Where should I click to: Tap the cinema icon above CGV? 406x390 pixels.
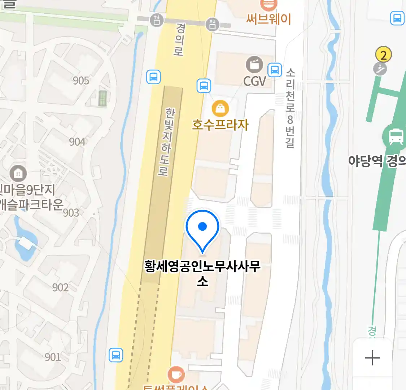pos(254,65)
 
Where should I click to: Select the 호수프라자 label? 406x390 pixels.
pos(220,125)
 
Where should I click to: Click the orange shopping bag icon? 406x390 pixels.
pos(220,108)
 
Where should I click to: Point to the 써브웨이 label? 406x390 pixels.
pos(269,19)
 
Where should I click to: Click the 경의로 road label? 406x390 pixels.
pos(179,39)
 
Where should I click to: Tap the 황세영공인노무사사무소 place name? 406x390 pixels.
pos(202,273)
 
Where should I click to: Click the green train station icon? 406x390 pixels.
pos(395,137)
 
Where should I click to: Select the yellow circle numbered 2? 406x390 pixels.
pos(383,55)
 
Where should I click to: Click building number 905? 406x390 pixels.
pos(81,81)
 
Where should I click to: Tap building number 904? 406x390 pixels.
pos(77,142)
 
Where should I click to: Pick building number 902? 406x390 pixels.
pos(60,287)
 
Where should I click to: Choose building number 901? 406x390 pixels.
pos(53,357)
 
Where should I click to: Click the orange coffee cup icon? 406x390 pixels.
pos(176,374)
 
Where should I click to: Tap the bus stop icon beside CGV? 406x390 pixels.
pos(275,70)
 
